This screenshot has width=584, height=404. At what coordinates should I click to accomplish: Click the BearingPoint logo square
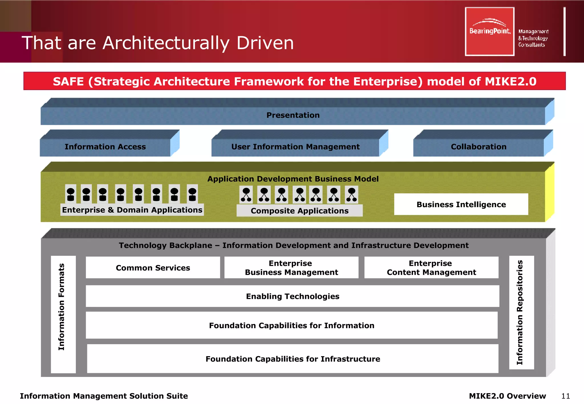(x=489, y=31)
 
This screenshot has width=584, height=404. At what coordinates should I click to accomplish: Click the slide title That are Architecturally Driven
(x=158, y=43)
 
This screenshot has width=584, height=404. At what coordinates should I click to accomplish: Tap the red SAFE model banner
(x=294, y=81)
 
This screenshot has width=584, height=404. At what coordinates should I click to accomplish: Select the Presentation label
(x=293, y=115)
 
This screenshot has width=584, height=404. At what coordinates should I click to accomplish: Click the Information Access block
(x=105, y=147)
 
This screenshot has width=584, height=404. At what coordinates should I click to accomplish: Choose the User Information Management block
(x=295, y=147)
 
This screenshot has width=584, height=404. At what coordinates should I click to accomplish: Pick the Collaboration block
(x=478, y=147)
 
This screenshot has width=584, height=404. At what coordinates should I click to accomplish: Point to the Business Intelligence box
(x=461, y=204)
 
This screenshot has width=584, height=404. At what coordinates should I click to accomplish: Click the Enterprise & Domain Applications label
(x=132, y=210)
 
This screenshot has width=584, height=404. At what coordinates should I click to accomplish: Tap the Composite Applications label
(x=299, y=211)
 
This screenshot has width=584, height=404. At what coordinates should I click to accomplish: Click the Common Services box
(x=153, y=268)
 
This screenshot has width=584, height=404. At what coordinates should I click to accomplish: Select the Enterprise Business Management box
(x=291, y=268)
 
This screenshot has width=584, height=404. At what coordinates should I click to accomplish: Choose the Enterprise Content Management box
(x=431, y=268)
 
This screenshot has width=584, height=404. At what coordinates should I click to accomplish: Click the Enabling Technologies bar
(x=292, y=296)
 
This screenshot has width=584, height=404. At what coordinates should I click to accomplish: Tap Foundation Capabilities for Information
(x=291, y=325)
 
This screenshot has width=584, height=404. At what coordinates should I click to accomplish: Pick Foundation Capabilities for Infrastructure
(x=293, y=359)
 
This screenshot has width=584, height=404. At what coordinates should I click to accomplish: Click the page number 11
(x=565, y=396)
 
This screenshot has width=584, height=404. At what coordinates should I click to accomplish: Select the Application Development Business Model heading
(x=293, y=179)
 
